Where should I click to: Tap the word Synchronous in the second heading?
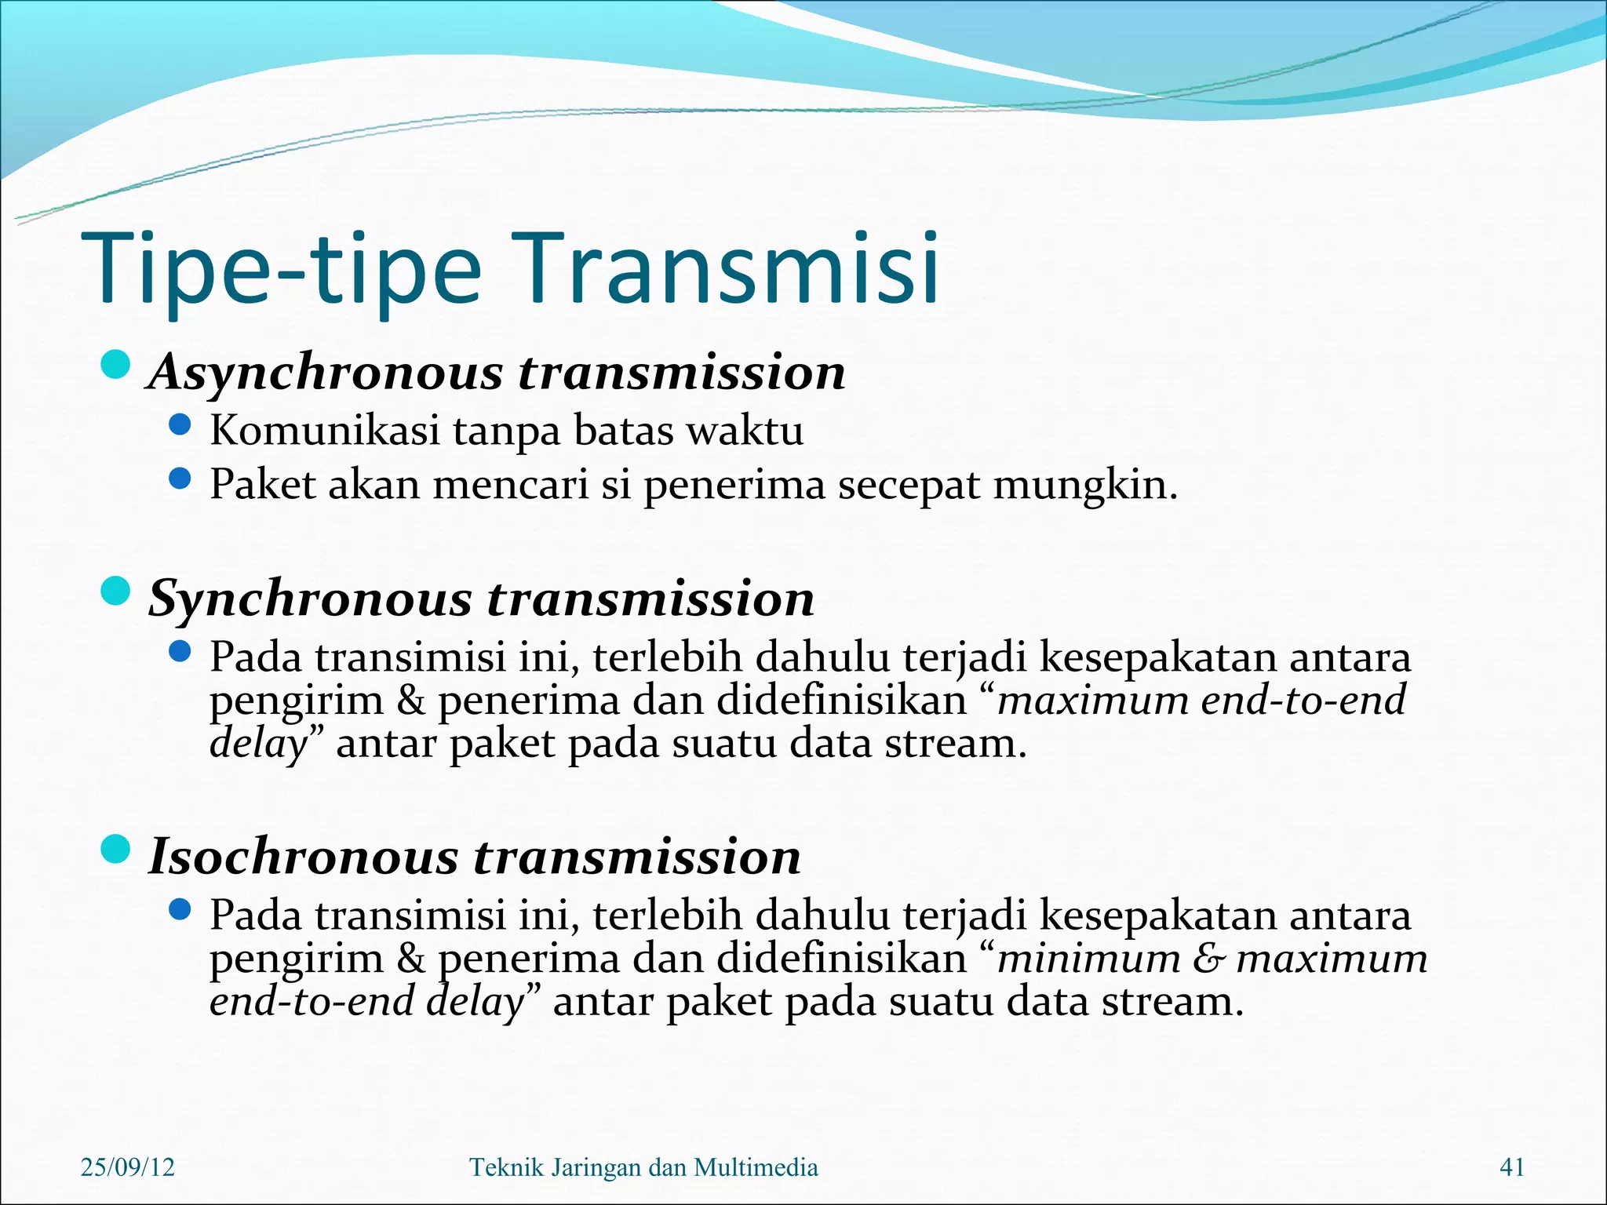point(310,599)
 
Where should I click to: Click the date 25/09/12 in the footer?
point(128,1167)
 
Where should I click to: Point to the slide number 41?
point(1511,1167)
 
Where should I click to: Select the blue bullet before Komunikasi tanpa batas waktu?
point(180,426)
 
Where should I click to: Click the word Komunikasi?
point(324,431)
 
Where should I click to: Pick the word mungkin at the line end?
point(1085,486)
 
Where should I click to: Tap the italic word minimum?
point(1088,959)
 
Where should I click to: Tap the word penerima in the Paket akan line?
point(734,486)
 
